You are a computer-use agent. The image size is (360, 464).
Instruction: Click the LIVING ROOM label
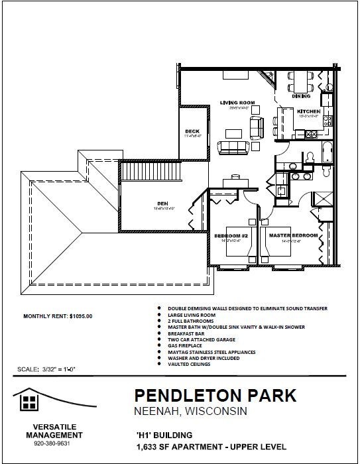[x=237, y=102]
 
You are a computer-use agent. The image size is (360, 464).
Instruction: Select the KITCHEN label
[x=309, y=111]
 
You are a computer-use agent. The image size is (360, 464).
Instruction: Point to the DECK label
[x=192, y=131]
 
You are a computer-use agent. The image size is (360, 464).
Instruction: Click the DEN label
[x=162, y=203]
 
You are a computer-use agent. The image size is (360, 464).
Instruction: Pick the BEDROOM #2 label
[x=231, y=236]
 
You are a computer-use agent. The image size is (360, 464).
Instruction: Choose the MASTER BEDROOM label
[x=292, y=236]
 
